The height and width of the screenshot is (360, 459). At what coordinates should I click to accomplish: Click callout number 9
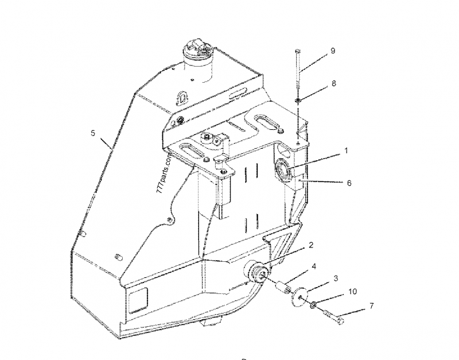point(333,51)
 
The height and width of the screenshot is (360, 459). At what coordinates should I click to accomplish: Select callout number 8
point(334,83)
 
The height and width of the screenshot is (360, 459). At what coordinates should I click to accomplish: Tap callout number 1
point(346,151)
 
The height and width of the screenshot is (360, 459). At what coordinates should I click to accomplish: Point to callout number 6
point(349,183)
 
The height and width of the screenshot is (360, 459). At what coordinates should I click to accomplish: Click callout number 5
point(93,133)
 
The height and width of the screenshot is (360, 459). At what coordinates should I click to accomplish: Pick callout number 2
point(311,245)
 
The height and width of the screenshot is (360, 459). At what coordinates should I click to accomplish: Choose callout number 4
point(314,266)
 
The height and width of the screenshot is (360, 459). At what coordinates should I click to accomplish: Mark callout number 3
point(336,278)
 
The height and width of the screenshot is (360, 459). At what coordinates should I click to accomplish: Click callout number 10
point(353,292)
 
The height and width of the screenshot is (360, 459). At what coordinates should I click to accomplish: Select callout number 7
point(371,306)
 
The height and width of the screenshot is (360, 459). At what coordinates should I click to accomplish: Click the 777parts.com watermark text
point(164,174)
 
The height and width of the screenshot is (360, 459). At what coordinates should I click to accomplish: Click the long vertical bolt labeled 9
point(298,68)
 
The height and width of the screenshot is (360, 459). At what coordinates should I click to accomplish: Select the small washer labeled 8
point(298,100)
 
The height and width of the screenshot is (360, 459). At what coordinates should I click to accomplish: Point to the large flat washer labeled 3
point(300,297)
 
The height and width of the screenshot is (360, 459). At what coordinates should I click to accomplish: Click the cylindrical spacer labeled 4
point(283,287)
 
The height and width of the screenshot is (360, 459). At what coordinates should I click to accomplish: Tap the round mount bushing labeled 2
point(255,272)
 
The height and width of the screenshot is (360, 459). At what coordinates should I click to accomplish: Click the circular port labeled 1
point(283,170)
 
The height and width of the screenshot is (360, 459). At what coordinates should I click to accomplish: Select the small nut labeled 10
point(313,305)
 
